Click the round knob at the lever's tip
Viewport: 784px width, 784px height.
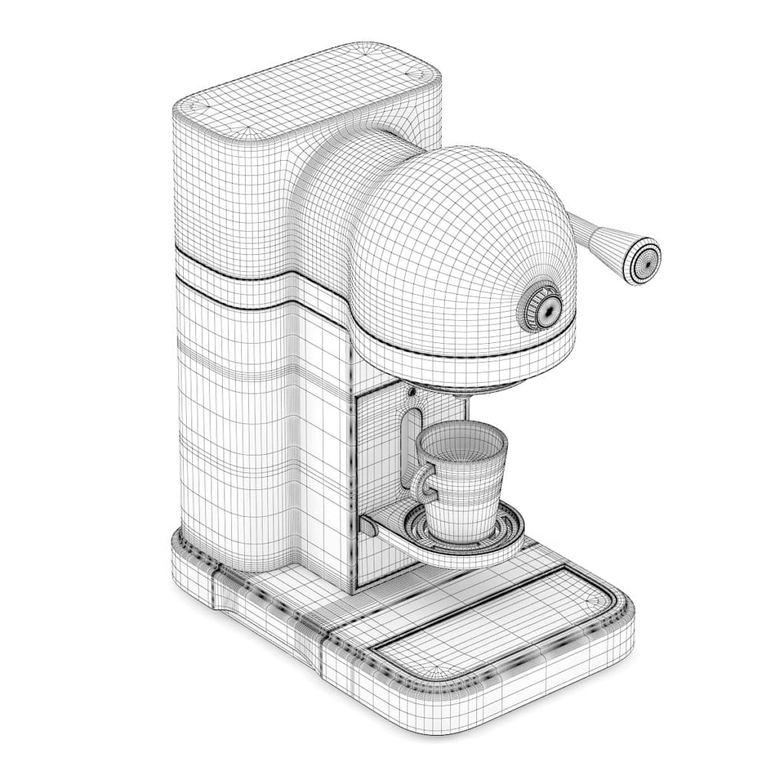(x=642, y=262)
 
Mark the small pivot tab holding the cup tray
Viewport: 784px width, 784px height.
(x=370, y=527)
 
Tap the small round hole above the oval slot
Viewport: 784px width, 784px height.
(x=411, y=393)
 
